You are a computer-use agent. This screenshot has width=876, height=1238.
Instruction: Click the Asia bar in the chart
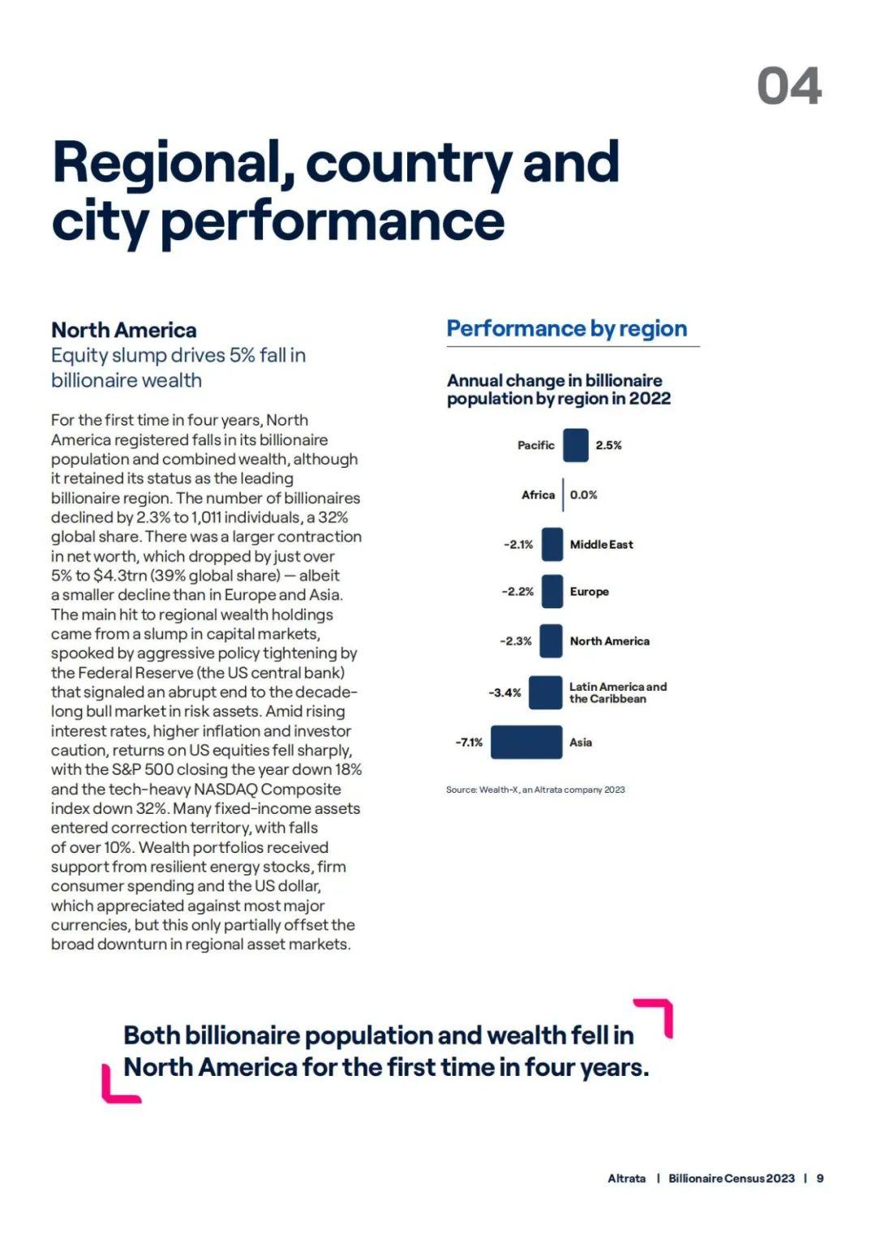pos(526,742)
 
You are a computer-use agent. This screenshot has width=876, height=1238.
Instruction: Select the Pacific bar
pos(576,445)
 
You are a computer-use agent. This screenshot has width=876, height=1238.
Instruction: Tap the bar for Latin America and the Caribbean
pos(545,692)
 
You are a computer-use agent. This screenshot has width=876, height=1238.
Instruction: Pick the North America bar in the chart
pos(551,640)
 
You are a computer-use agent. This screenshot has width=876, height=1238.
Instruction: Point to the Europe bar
pos(552,591)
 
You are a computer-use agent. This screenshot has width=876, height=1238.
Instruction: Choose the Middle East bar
pos(552,544)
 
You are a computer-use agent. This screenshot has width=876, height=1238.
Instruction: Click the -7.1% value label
pos(469,743)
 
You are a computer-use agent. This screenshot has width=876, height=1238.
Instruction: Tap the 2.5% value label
pos(608,445)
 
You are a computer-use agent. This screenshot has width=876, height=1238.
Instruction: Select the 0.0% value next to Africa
pos(583,495)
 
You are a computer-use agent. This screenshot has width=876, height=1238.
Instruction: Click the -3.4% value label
pos(505,692)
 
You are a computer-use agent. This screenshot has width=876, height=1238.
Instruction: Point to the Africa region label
pos(538,495)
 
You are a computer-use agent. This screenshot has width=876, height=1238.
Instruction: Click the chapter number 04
pos(789,86)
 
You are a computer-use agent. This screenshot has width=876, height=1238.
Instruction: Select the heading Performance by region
pos(567,328)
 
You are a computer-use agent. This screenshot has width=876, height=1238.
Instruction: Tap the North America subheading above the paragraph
pos(124,330)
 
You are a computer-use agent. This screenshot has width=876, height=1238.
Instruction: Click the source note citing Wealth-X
pos(535,789)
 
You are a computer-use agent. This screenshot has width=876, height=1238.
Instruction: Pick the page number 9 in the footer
pos(819,1178)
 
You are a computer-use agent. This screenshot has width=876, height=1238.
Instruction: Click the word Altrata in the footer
pos(626,1178)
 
